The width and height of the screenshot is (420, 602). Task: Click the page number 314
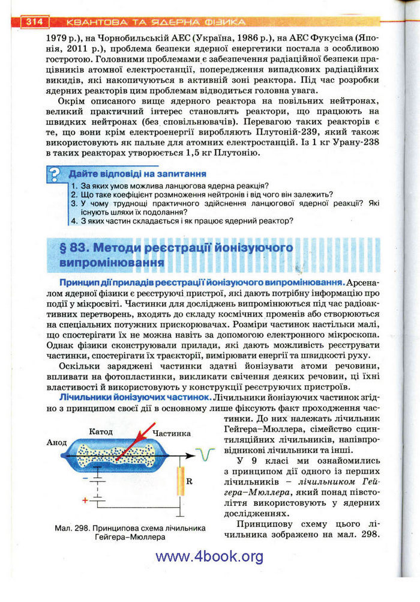(34, 22)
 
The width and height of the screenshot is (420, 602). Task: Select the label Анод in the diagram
(56, 442)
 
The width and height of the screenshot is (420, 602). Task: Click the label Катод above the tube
(101, 432)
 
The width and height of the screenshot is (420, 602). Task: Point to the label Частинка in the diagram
(171, 433)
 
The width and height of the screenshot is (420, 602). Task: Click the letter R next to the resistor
(190, 481)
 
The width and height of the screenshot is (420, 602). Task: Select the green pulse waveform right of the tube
(206, 456)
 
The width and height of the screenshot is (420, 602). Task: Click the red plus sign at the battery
(84, 499)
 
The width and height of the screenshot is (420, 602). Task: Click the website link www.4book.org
(209, 556)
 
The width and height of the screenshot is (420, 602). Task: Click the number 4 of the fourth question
(73, 220)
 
